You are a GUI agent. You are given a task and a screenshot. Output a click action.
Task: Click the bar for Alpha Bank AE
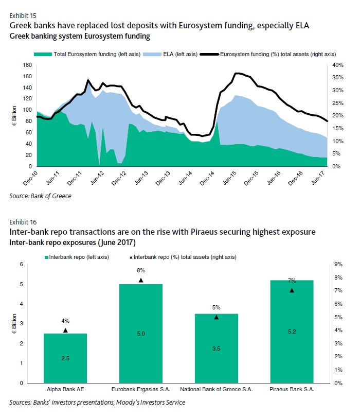pos(65,358)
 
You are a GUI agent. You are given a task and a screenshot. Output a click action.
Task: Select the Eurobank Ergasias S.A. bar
pos(140,334)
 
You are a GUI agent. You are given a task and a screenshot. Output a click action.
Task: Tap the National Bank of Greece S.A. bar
pos(216,348)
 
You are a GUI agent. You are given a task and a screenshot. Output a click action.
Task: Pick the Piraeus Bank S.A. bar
pos(292,332)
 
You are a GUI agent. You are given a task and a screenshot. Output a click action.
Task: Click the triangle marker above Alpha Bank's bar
pos(65,330)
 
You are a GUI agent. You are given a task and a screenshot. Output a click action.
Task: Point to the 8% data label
pos(140,270)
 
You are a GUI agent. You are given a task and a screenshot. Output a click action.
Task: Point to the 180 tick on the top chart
pos(28,65)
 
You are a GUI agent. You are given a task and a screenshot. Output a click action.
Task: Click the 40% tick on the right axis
pos(336,65)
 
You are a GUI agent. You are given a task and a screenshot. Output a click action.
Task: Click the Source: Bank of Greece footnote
pos(40,196)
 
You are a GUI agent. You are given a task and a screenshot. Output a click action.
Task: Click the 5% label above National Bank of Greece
pos(216,307)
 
